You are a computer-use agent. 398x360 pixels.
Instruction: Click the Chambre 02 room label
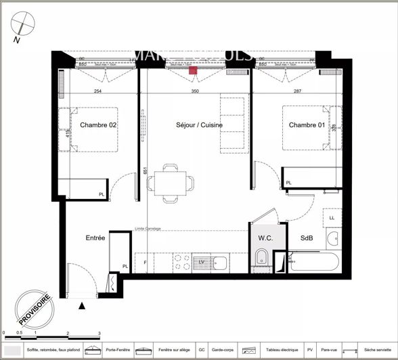coord(99,125)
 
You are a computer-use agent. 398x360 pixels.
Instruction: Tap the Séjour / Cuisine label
coord(199,125)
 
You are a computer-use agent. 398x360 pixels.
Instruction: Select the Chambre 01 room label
coord(307,125)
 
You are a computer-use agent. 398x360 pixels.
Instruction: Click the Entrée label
coord(95,238)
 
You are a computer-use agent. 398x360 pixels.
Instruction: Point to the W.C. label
coord(265,238)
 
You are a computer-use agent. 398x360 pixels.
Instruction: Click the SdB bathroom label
coord(306,238)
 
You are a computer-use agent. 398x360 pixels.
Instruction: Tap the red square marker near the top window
coord(193,70)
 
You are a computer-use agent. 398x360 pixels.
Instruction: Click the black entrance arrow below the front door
coord(83,307)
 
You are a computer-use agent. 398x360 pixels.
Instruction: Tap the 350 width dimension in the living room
coord(195,91)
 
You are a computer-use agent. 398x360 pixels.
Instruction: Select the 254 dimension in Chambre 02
coord(97,91)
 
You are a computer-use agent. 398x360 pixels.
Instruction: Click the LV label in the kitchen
coord(201,261)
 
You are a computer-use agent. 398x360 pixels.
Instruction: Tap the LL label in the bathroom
coord(332,219)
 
